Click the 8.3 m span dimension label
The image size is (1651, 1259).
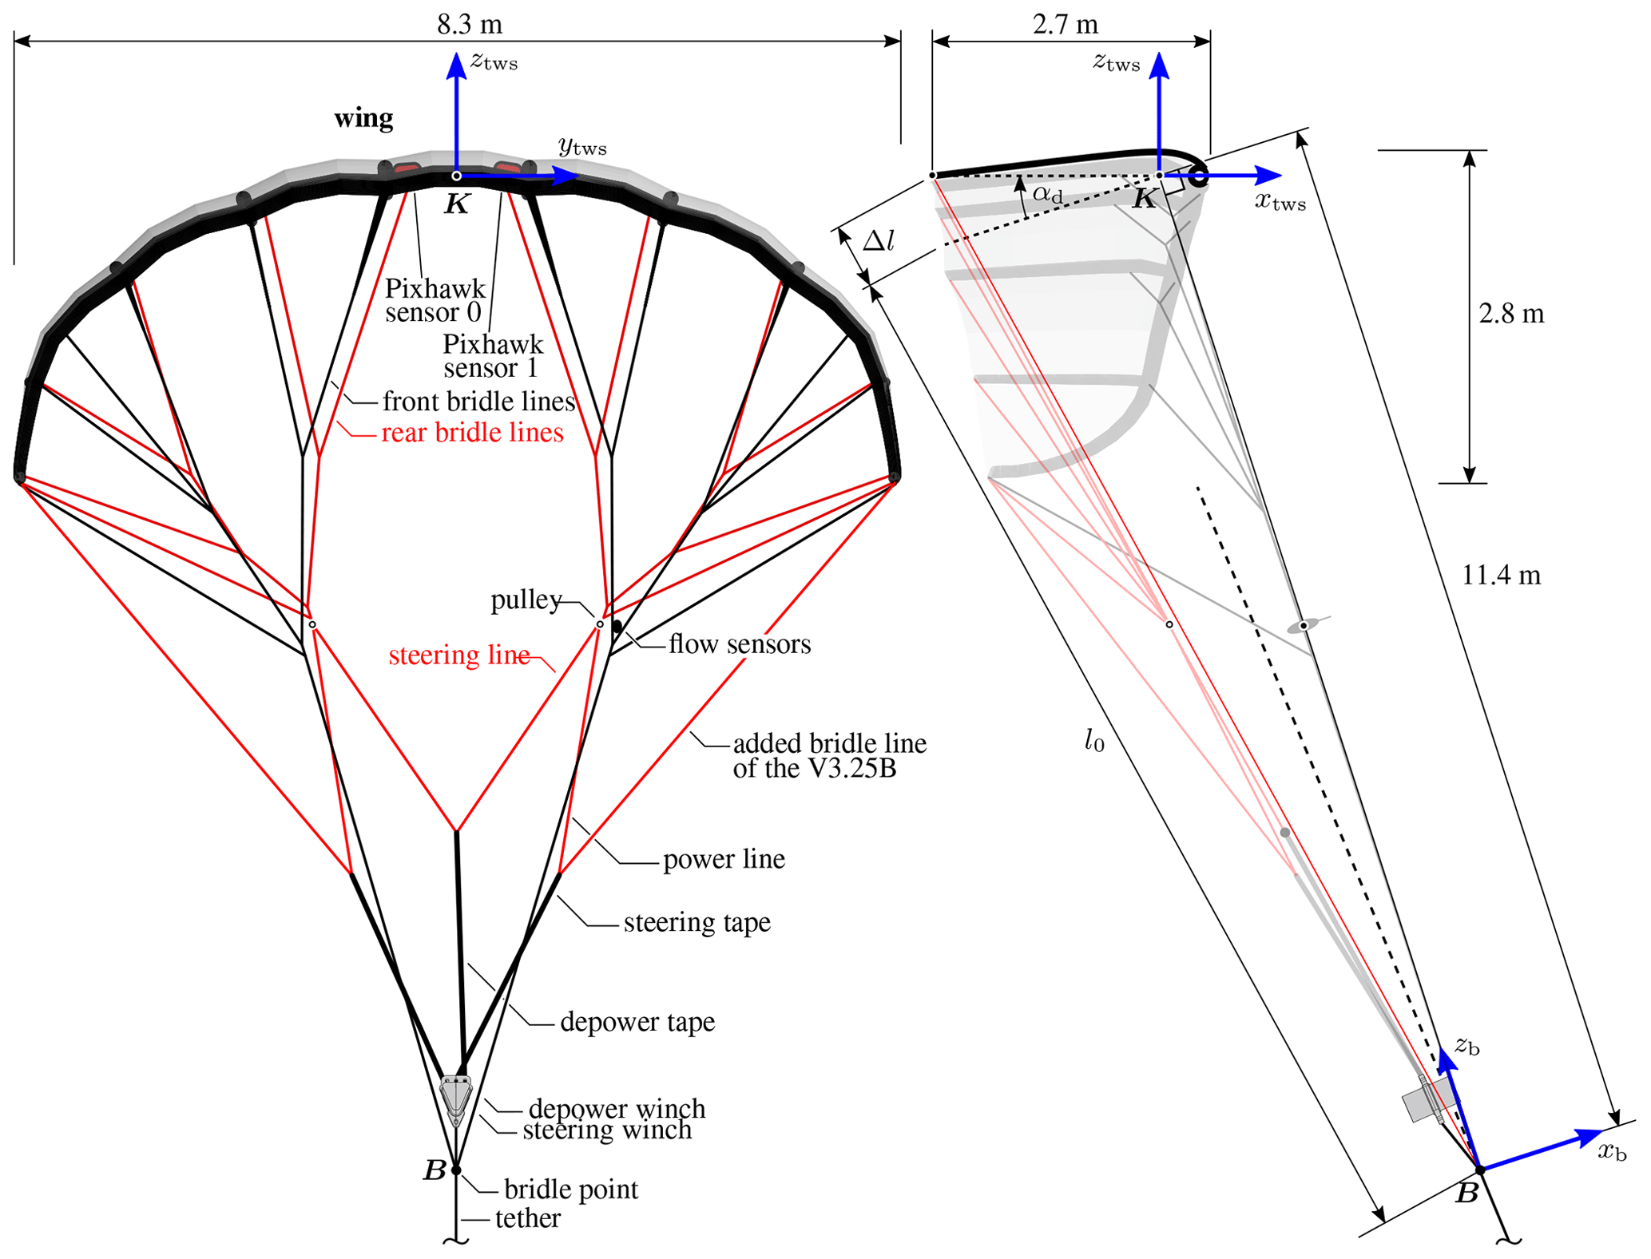[470, 25]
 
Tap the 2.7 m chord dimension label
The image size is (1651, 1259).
[1065, 25]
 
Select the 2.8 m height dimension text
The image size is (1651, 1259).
[1510, 314]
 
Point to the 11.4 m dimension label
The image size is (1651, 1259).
[1501, 575]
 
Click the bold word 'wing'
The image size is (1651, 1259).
[363, 119]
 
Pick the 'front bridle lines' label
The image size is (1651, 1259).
[478, 401]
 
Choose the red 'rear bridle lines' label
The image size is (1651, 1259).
[472, 433]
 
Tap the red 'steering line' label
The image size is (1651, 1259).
[459, 655]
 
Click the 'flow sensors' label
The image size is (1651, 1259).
[740, 644]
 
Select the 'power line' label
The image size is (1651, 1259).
[724, 860]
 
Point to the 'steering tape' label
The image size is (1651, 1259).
[697, 923]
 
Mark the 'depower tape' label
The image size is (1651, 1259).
[637, 1023]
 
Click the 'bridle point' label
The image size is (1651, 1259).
[571, 1190]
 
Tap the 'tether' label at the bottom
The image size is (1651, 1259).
[527, 1219]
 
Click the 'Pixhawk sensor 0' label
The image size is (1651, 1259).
[435, 299]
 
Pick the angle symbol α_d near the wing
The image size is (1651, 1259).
[1047, 193]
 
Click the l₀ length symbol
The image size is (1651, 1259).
[1094, 742]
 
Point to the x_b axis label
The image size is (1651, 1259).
[1612, 1152]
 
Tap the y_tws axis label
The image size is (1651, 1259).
[582, 146]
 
